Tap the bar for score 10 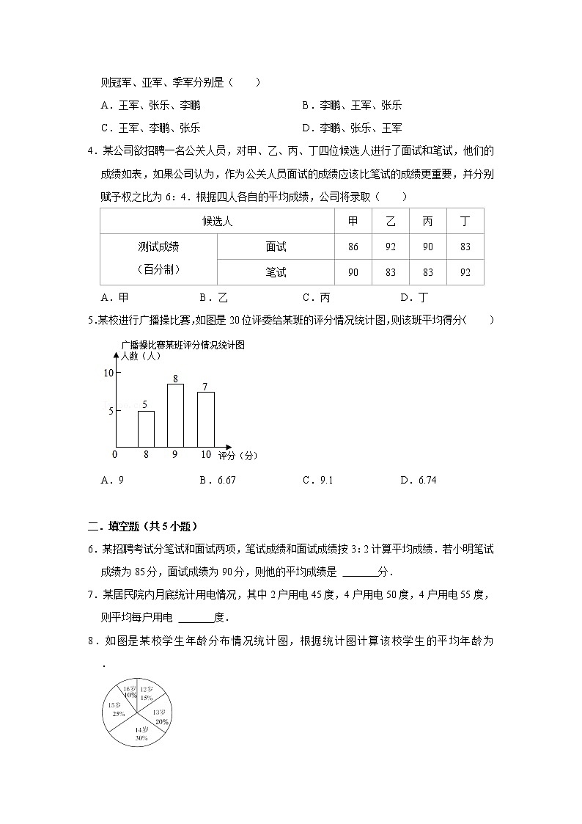206,419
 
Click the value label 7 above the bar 205,387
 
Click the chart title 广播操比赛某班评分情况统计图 183,344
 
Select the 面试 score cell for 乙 390,247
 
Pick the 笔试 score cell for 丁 465,272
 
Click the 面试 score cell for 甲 353,247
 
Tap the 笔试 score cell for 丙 427,272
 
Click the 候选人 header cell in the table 217,222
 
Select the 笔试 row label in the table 276,272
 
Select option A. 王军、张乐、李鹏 150,105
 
